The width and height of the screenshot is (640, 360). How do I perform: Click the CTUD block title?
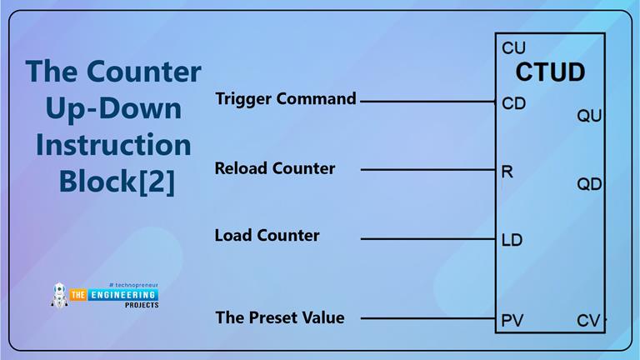[550, 72]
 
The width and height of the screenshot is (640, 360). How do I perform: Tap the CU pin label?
[513, 48]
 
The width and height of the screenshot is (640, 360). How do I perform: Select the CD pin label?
[514, 104]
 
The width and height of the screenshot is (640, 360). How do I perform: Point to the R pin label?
[507, 172]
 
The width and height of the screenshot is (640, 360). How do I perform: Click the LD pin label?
[512, 240]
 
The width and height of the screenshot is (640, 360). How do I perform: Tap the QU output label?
[589, 117]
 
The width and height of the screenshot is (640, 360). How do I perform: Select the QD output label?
[589, 184]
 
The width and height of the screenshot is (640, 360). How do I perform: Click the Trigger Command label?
[286, 99]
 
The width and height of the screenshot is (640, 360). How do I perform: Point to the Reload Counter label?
[275, 168]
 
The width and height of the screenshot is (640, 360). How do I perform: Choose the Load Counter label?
[267, 236]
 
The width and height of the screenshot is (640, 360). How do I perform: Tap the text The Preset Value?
[279, 317]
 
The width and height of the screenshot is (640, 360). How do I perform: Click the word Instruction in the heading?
[113, 144]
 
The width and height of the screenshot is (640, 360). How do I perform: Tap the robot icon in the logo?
[60, 294]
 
